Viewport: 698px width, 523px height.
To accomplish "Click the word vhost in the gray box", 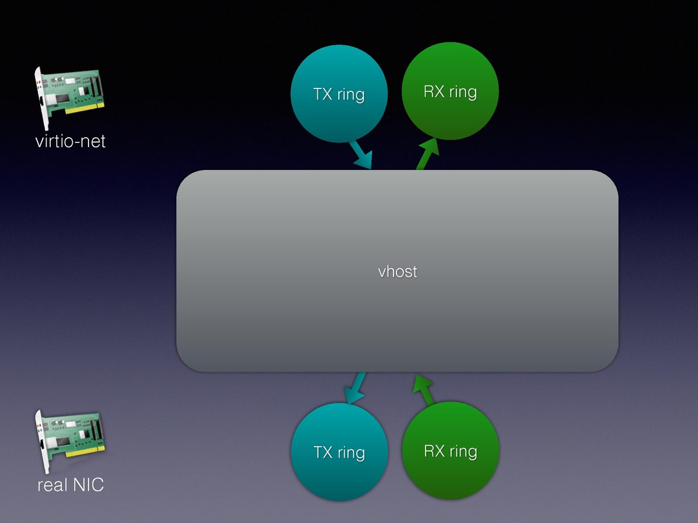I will coord(398,271).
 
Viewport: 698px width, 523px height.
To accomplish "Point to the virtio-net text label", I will coord(70,141).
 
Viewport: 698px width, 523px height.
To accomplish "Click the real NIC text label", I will coord(70,485).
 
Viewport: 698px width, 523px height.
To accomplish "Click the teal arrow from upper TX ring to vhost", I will coord(360,154).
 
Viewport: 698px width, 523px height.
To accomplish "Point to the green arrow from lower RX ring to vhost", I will coord(426,390).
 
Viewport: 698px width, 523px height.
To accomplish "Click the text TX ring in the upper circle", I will coord(339,94).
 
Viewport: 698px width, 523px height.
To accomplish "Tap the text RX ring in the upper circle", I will coord(451,91).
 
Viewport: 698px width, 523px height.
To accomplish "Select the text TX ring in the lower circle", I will coord(339,452).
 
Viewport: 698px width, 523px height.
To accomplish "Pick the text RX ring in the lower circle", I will coord(451,451).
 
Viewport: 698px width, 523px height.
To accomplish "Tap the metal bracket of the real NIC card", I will coord(41,442).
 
